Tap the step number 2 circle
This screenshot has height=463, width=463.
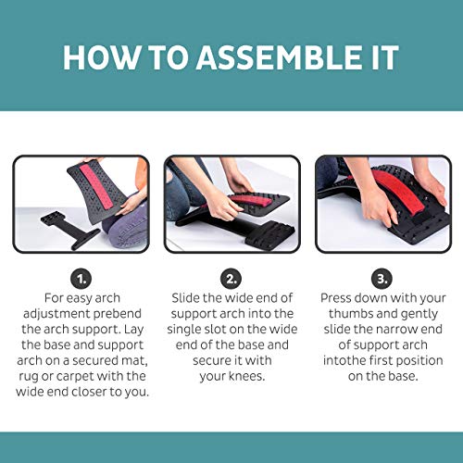coord(231,277)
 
